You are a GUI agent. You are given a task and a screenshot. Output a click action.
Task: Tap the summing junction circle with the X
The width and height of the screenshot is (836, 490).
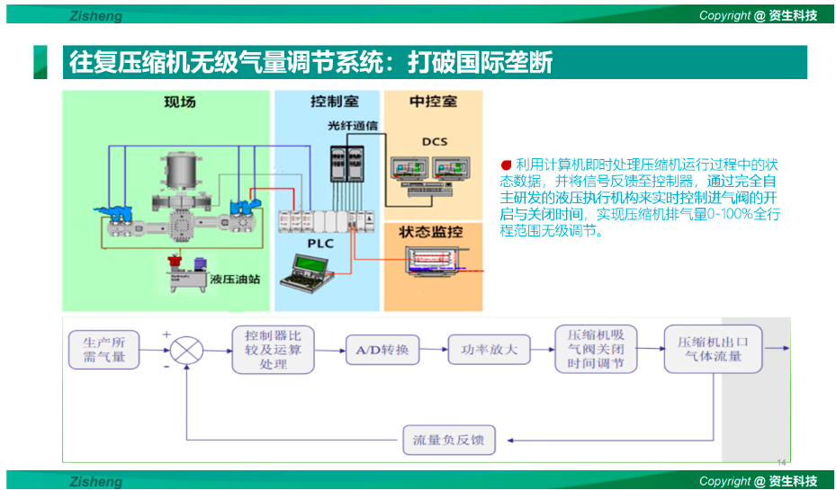point(187,350)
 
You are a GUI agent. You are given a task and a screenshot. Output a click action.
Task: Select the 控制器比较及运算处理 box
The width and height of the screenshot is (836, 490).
point(273,350)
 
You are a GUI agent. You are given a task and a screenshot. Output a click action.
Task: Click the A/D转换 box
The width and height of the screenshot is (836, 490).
point(382,350)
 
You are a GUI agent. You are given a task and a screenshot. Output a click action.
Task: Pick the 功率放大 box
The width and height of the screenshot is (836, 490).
point(489,350)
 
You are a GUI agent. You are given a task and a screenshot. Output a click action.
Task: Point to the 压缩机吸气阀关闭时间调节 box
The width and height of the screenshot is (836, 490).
point(596,350)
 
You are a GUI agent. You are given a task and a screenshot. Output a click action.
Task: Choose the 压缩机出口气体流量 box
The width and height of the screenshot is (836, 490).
point(713,350)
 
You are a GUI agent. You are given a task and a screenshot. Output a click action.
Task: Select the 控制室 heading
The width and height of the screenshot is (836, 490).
point(327,102)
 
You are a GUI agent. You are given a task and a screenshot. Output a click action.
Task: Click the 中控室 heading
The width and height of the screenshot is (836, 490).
point(434,102)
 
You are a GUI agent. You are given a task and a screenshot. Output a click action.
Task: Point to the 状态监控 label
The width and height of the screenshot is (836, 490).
point(433,233)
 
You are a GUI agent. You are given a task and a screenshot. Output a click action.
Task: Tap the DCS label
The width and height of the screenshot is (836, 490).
point(433,141)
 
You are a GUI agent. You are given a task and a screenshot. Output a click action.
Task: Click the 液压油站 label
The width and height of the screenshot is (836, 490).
point(235,279)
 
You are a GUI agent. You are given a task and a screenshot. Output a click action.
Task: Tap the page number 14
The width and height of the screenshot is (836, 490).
point(780,462)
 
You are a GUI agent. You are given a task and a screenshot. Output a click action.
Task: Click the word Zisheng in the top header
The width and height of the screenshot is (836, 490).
point(96,15)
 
